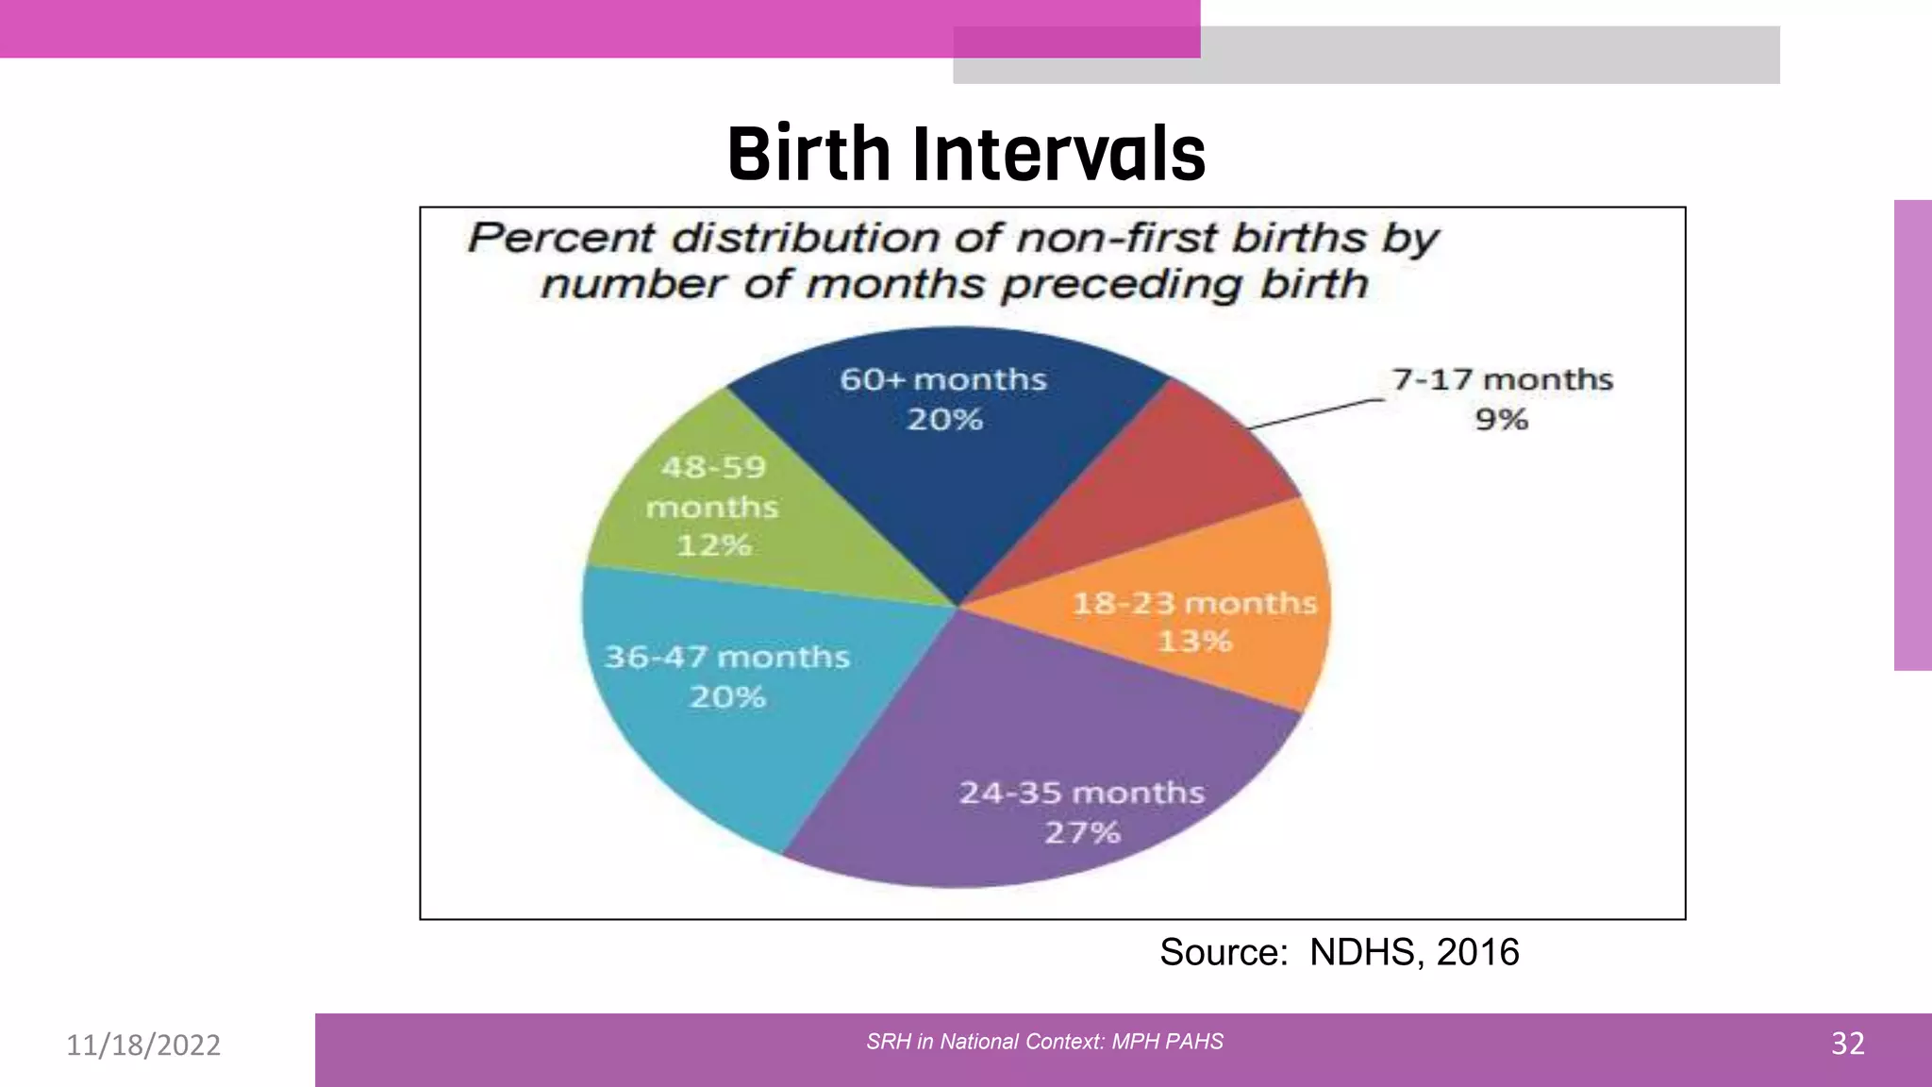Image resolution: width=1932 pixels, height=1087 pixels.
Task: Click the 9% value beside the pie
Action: (1501, 420)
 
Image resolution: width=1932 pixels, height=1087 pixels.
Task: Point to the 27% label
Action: (1082, 832)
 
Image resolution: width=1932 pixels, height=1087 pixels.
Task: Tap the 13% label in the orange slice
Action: (1194, 642)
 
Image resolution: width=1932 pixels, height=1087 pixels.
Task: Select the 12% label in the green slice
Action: (713, 545)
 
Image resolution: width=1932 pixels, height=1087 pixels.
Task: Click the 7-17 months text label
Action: (1502, 379)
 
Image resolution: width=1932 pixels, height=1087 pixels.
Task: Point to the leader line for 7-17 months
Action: (1316, 413)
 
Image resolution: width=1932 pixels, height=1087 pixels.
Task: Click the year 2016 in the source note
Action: (1477, 952)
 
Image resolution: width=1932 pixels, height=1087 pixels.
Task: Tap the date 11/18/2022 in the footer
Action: (143, 1045)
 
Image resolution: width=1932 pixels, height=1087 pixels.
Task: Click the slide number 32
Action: (1847, 1044)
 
